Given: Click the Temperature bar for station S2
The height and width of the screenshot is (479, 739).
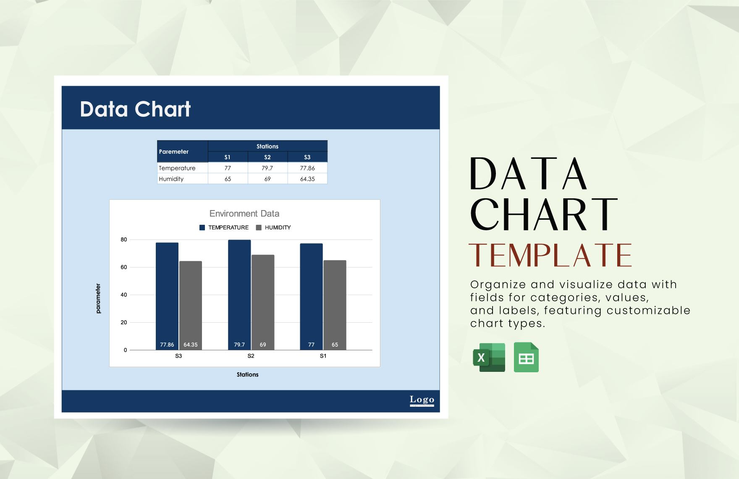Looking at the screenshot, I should point(239,294).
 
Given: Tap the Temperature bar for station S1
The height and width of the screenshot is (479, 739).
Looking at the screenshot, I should point(311,296).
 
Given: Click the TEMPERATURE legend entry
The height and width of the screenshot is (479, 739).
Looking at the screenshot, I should point(224,227).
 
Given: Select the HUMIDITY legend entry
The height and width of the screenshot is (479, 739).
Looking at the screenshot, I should point(273,227).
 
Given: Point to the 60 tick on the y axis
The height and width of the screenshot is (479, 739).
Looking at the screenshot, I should point(123,267).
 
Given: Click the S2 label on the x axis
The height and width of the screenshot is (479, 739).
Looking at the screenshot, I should point(251,356).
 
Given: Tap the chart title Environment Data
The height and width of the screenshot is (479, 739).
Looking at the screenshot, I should point(244,213).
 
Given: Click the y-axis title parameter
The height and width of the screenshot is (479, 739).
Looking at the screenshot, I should point(98,298).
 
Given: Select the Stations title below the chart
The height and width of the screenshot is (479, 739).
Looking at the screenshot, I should point(247,374).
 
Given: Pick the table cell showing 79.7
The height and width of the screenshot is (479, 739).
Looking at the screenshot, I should point(267,168).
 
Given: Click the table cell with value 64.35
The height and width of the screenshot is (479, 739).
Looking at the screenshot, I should point(307,179).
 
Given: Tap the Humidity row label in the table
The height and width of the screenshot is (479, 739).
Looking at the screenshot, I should point(171,179).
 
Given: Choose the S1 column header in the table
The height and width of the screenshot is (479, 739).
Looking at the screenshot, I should point(227,157).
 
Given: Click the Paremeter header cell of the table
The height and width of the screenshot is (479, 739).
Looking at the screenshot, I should point(174,152).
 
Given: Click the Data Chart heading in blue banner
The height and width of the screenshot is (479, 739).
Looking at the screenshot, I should point(135,109).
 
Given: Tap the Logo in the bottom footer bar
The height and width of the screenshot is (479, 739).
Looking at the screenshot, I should point(422,400).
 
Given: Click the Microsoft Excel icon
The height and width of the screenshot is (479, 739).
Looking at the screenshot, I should point(489,358).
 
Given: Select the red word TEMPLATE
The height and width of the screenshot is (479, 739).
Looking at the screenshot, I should point(550,255).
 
